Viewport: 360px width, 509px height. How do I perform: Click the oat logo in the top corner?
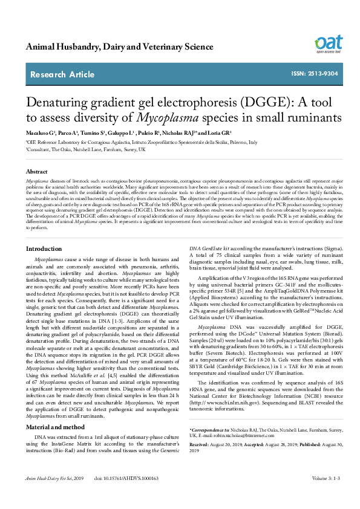329,44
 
